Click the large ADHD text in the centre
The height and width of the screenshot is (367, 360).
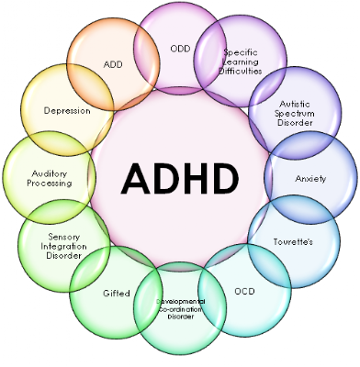coord(180,179)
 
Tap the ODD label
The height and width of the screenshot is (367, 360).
coord(180,49)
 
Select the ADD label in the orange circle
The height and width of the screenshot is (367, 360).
coord(113,64)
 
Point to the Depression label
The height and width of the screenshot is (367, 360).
coord(67,111)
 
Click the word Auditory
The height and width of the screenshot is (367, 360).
coord(50,174)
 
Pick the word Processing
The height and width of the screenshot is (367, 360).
coord(50,183)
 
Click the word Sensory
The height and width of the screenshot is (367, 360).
coord(64,237)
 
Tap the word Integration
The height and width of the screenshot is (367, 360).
coord(63,246)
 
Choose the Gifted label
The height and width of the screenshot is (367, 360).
coord(117,294)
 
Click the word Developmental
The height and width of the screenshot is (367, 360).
coord(181,302)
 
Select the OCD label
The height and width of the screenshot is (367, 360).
coord(244,291)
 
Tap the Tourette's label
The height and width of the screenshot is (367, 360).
coord(293,242)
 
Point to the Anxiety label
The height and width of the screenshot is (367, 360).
coord(310,179)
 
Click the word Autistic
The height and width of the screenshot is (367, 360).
coord(295,104)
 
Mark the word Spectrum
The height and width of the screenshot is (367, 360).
coord(295,114)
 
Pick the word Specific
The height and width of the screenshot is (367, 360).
coord(241,52)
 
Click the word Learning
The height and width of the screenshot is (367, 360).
coord(241,61)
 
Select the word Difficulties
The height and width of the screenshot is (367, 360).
coord(241,71)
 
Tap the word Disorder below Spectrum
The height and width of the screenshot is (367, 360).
coord(295,123)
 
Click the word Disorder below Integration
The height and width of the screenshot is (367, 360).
coord(64,255)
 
